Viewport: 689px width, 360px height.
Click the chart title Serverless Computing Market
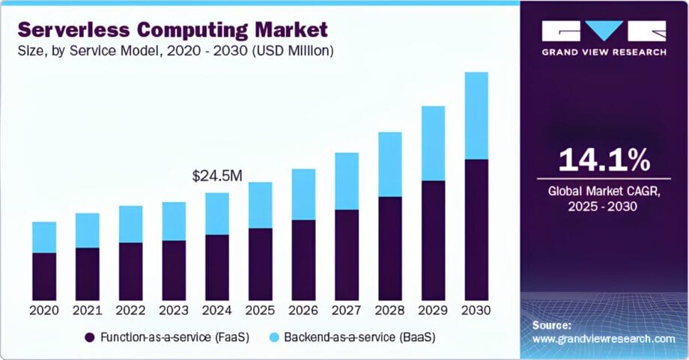[x=173, y=31]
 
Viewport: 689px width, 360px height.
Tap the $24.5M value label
[x=217, y=176]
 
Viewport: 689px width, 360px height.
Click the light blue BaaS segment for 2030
[x=476, y=116]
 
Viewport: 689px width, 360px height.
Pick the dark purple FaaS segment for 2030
[x=476, y=229]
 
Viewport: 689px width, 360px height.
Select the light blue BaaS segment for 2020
[x=43, y=237]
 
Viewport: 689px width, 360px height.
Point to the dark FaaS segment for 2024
[x=217, y=266]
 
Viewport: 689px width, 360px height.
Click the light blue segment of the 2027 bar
[x=346, y=181]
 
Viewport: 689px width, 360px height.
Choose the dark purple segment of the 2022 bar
[x=130, y=271]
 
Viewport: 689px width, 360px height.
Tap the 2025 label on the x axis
[x=260, y=310]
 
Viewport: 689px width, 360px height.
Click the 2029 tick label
[x=433, y=310]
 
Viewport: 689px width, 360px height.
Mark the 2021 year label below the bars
[x=87, y=310]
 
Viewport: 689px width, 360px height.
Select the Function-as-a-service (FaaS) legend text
[x=167, y=337]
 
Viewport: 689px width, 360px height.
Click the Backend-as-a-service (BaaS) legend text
[x=356, y=337]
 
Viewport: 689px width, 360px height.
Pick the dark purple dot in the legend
[x=91, y=337]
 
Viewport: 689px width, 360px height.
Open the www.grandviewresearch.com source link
[x=604, y=339]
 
